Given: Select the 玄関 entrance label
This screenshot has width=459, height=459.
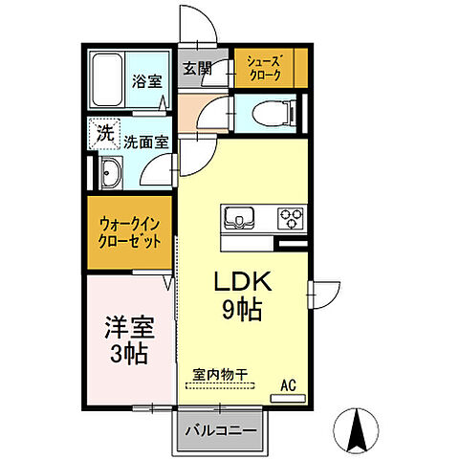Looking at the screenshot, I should coord(196,68).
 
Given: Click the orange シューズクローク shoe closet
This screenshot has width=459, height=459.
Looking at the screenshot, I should coord(272,66).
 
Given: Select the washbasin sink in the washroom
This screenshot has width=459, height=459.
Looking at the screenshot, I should coord(107,174).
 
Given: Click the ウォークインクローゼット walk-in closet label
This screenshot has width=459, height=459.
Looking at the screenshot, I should coord(132,233).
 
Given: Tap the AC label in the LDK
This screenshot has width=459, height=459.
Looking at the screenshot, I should coord(287,386).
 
